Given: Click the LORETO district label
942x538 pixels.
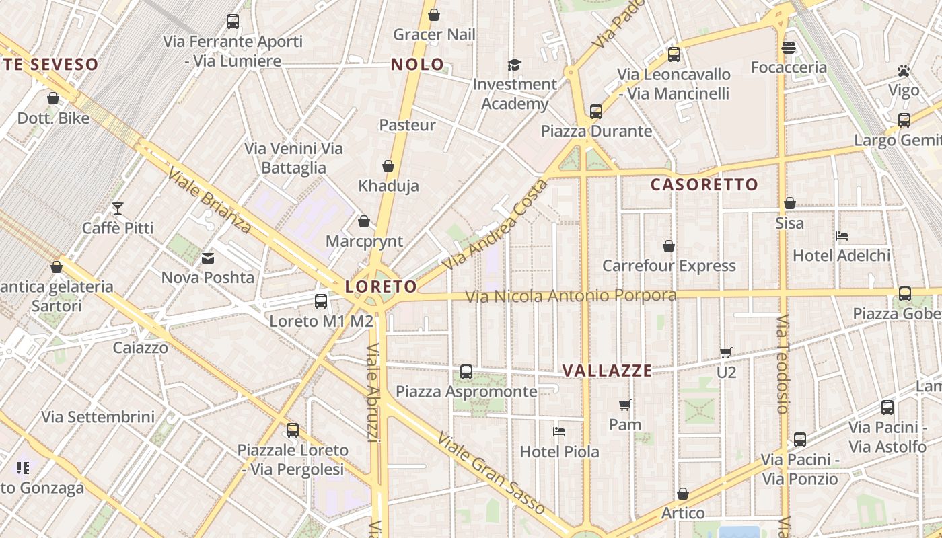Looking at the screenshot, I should pos(381,286).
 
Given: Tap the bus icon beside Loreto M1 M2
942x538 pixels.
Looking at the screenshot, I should pos(321,301).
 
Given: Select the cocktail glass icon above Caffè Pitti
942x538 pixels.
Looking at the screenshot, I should pos(118,208).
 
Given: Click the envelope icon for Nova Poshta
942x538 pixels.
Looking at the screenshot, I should pos(208,258).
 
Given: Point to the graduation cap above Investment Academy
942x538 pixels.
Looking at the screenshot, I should pos(515,65).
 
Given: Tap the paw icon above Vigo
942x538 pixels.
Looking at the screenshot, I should pos(903,71).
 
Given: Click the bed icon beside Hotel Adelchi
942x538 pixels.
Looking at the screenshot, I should pos(841,236).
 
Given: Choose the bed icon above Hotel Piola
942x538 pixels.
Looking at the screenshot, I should pos(558,432).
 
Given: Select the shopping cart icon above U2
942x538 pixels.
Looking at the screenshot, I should pos(725,352).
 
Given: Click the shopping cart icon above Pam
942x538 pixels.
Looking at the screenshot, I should pos(624,405).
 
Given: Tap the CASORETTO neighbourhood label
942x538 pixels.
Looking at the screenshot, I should pos(704,184).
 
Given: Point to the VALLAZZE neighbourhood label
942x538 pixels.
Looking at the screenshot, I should pos(607,371).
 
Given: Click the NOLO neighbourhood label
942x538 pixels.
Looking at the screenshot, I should pos(417,65).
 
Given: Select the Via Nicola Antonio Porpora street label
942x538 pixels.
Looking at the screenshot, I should pos(571,296).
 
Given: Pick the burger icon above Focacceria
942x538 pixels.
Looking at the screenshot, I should pos(789,48).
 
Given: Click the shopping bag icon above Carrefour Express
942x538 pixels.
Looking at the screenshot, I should pos(669,246).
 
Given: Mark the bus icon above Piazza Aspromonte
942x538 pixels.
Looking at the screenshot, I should pos(466,372).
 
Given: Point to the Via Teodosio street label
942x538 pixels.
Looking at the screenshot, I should pos(781,363).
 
